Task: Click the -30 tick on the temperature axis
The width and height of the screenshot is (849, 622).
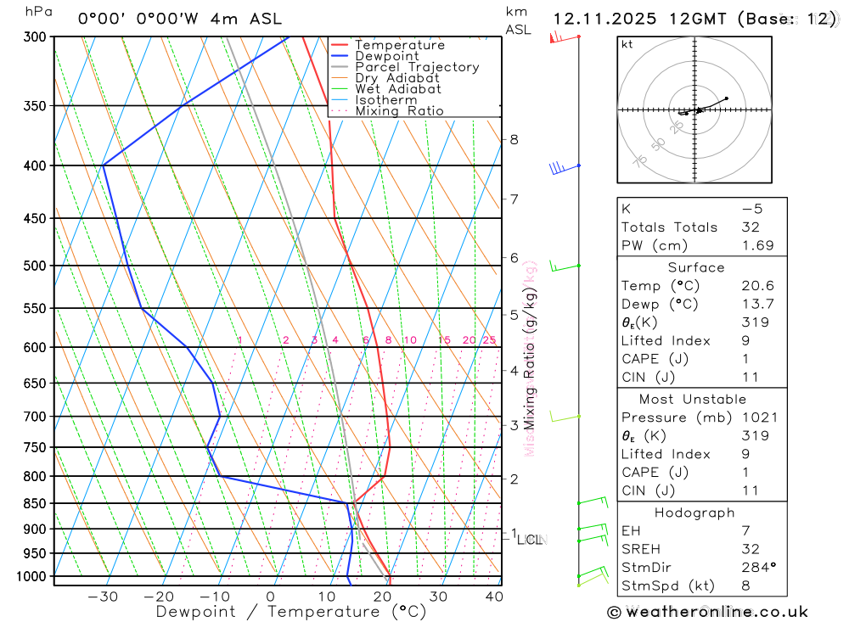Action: point(103,596)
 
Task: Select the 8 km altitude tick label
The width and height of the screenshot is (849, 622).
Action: point(514,139)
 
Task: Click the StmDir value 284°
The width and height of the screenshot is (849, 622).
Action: point(755,567)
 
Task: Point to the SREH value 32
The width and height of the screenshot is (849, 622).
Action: point(750,549)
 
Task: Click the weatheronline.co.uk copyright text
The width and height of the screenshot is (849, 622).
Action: point(708,611)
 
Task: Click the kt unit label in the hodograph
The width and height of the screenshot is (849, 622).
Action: point(627,44)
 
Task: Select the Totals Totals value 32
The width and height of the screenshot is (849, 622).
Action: point(750,227)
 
